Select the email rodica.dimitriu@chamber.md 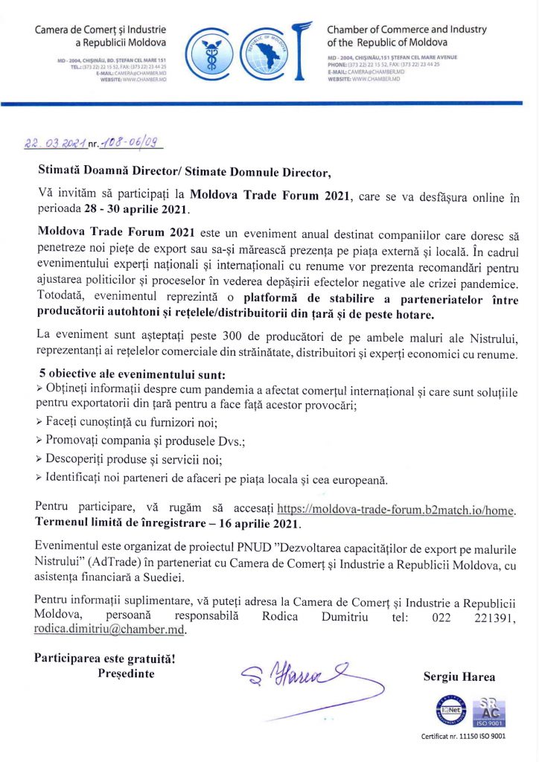109,630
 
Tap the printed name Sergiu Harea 459,677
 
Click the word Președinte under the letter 127,673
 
